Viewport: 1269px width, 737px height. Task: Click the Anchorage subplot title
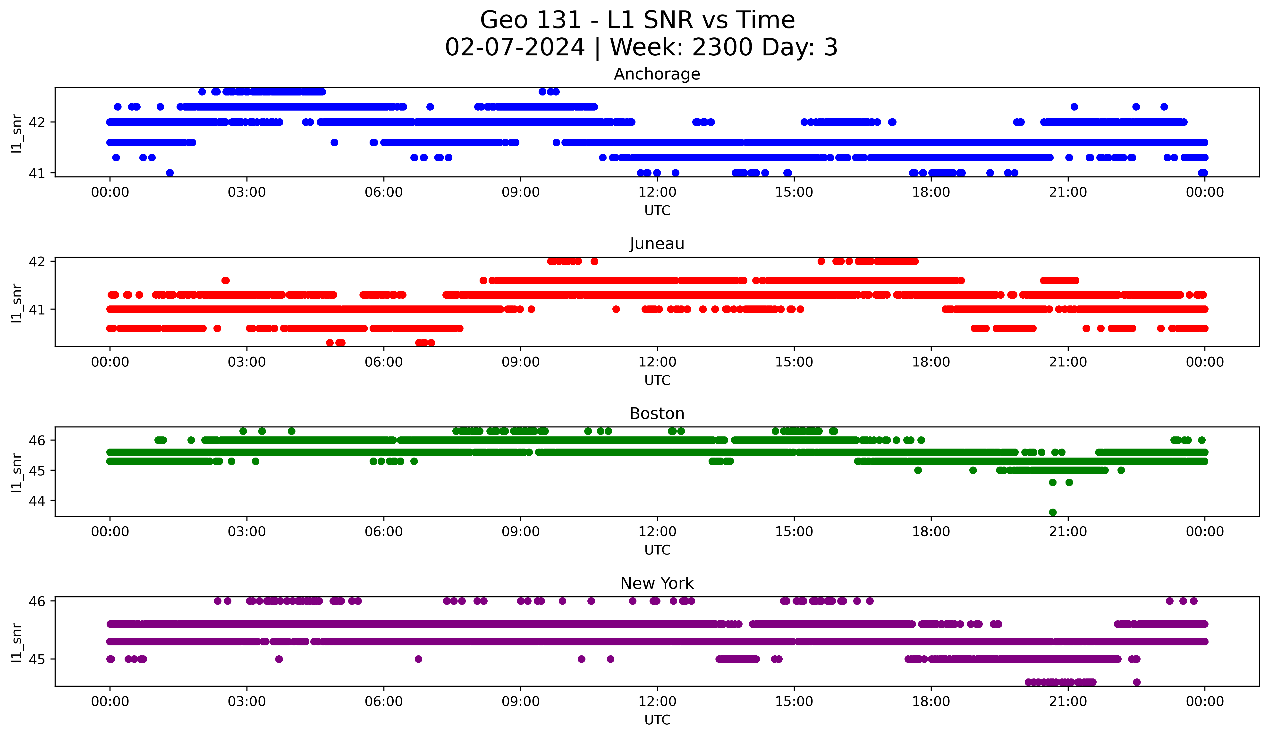[x=657, y=74]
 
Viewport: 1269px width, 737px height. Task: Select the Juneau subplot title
[x=657, y=244]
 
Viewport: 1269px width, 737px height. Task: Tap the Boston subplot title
[x=657, y=414]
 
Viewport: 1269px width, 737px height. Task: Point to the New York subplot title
[x=657, y=583]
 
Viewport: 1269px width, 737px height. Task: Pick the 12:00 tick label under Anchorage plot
[x=657, y=192]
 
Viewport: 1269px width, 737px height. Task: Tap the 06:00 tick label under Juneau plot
[x=384, y=362]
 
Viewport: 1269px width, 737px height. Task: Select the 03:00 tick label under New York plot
[x=247, y=701]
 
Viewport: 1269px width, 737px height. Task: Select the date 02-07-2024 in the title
[x=515, y=47]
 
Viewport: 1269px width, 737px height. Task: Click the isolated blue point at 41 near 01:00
[x=170, y=173]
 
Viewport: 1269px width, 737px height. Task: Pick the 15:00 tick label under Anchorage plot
[x=794, y=192]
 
